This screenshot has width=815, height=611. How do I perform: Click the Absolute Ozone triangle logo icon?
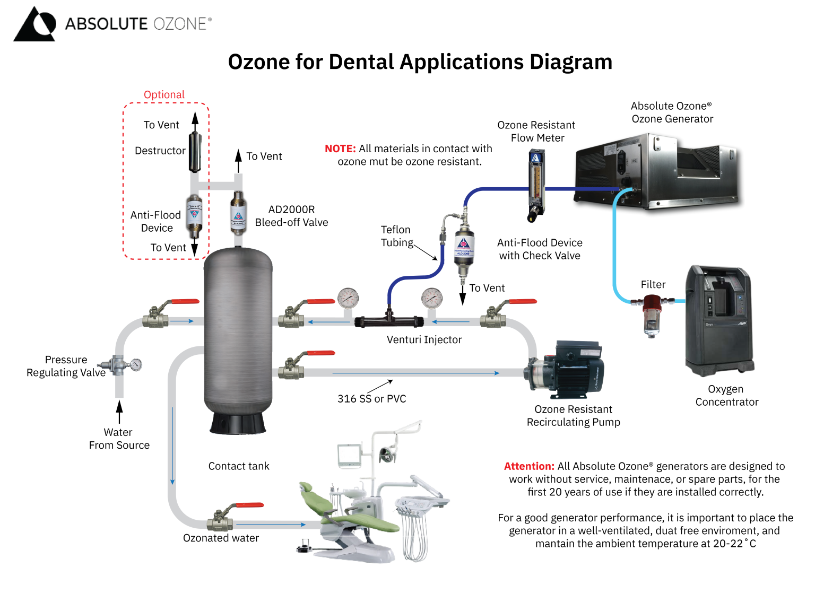(x=34, y=24)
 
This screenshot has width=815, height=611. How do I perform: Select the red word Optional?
(x=164, y=94)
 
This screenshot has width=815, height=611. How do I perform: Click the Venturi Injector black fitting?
(x=389, y=320)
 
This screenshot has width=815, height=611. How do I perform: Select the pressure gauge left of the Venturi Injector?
(x=348, y=299)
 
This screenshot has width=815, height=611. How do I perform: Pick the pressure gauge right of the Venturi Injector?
(x=432, y=299)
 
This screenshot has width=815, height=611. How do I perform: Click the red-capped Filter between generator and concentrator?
(x=651, y=315)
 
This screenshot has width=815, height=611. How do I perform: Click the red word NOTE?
(x=340, y=149)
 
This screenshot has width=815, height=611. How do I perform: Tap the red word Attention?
(x=528, y=466)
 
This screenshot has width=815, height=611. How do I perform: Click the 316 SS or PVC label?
(x=371, y=399)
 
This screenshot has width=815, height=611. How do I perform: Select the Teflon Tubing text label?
(x=396, y=236)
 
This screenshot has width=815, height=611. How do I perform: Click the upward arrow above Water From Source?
(x=119, y=411)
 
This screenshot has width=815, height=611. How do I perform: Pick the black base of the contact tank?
(x=238, y=423)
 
